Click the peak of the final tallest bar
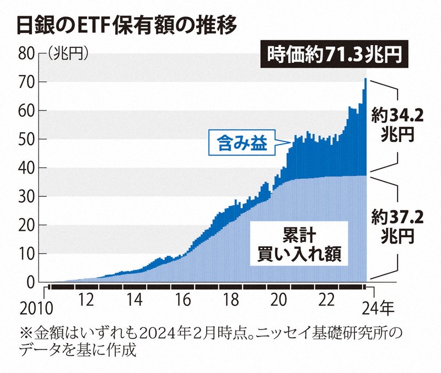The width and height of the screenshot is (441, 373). [x=365, y=79]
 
